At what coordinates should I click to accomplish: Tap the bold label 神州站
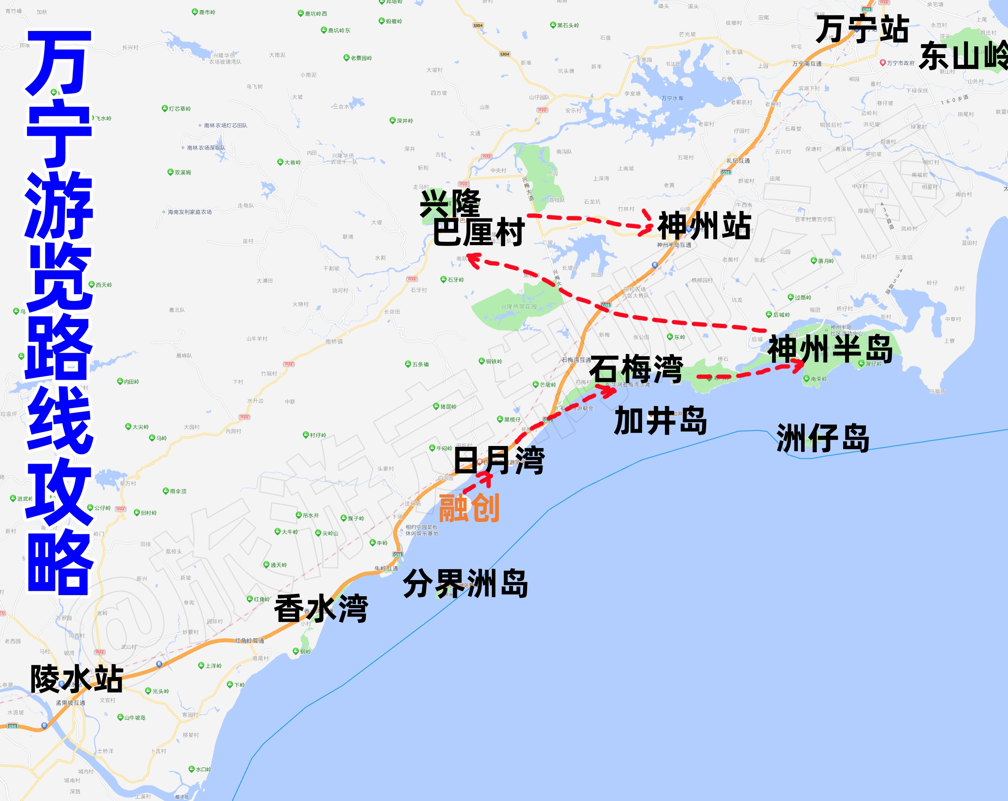click(x=704, y=226)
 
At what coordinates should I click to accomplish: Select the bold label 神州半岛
click(x=830, y=349)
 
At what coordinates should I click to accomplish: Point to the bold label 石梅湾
click(x=636, y=369)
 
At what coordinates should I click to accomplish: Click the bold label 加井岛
click(x=661, y=421)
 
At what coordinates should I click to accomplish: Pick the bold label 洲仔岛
click(x=823, y=439)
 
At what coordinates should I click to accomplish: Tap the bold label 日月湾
click(x=499, y=461)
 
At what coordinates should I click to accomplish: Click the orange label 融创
click(x=469, y=508)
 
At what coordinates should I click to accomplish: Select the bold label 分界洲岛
click(x=465, y=584)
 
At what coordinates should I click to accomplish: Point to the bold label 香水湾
click(x=321, y=608)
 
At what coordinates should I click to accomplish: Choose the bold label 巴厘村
click(x=478, y=232)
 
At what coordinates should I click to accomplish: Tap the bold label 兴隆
click(x=450, y=204)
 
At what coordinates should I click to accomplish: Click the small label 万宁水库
click(x=672, y=98)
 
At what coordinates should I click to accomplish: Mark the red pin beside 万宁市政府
click(x=883, y=63)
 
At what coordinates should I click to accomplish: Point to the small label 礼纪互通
click(x=738, y=161)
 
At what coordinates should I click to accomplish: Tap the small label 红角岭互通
click(x=249, y=641)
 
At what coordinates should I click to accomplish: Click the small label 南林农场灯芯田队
click(x=225, y=125)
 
